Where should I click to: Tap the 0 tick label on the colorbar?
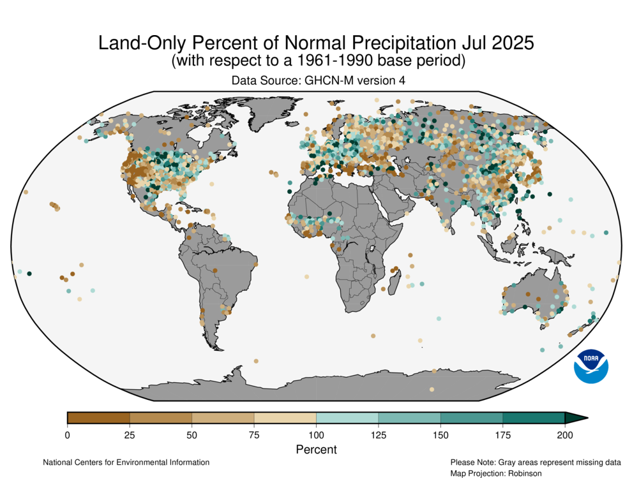(67, 435)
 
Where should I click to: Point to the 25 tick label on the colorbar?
(130, 435)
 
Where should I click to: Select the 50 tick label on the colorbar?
(192, 435)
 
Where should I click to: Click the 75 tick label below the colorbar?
(254, 435)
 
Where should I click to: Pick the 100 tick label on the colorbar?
(316, 435)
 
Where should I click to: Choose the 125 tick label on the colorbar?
(379, 435)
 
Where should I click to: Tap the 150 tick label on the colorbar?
(440, 435)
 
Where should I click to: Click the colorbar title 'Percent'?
(316, 449)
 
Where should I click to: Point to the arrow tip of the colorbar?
(586, 418)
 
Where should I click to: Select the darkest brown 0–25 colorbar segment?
(98, 418)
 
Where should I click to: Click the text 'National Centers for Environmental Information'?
(126, 462)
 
